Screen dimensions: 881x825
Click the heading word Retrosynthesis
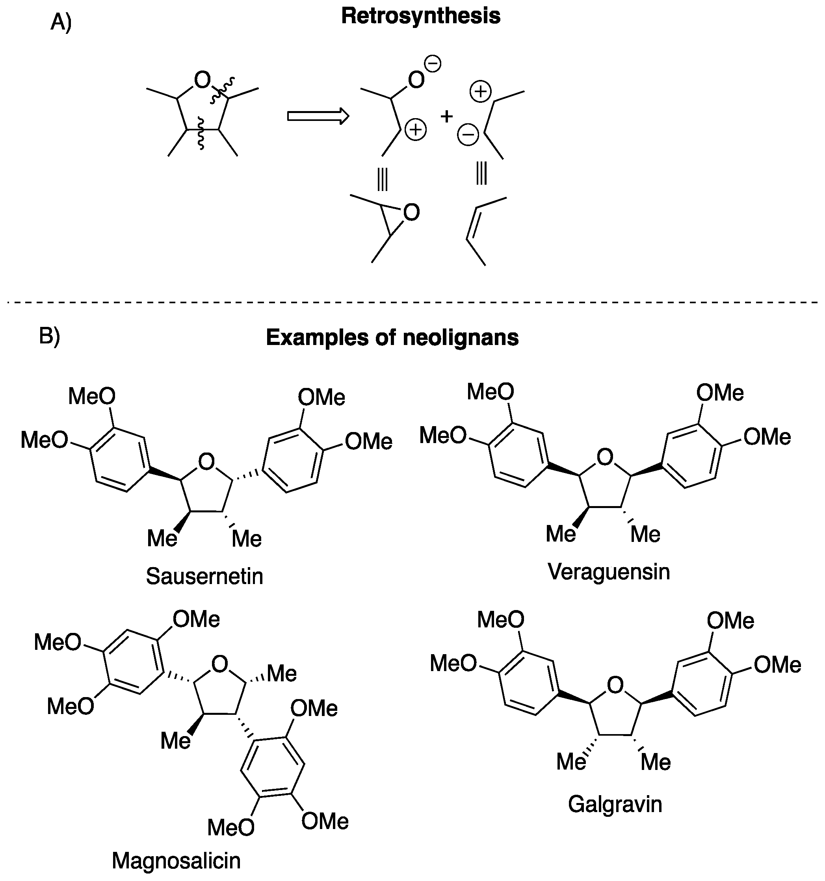tap(420, 17)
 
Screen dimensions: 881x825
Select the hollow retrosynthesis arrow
tap(318, 116)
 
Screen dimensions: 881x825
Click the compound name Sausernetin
tap(204, 577)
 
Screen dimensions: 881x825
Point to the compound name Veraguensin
tap(608, 572)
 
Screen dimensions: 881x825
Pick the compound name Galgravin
tap(615, 804)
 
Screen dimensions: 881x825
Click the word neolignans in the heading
tap(461, 338)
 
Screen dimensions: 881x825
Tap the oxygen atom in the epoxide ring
tap(411, 213)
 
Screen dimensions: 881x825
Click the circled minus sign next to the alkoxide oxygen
tap(433, 64)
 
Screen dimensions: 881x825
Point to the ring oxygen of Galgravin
tap(615, 685)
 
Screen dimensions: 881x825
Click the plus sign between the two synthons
tap(446, 116)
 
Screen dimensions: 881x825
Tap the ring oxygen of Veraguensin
tap(605, 457)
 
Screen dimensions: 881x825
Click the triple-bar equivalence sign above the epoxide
tap(382, 180)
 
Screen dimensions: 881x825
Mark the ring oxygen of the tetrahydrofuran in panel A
tap(202, 81)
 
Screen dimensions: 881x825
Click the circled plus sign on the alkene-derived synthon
tap(481, 92)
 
